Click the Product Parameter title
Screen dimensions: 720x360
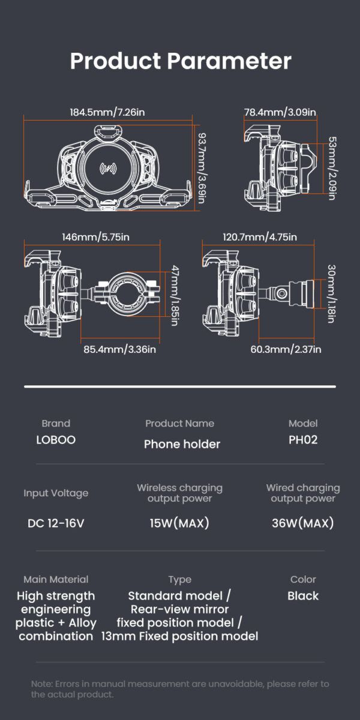pyautogui.click(x=180, y=61)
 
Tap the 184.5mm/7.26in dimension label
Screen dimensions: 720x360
pyautogui.click(x=107, y=112)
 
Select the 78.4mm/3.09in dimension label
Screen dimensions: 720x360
pyautogui.click(x=280, y=112)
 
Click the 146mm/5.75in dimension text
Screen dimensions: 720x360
pyautogui.click(x=95, y=237)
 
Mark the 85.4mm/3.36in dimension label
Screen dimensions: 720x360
pyautogui.click(x=120, y=349)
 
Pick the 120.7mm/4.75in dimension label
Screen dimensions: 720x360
pyautogui.click(x=260, y=237)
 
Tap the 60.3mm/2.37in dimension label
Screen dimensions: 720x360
pyautogui.click(x=286, y=349)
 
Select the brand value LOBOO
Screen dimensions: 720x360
pyautogui.click(x=56, y=440)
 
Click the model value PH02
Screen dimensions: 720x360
pyautogui.click(x=303, y=440)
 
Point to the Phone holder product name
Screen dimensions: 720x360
pyautogui.click(x=182, y=444)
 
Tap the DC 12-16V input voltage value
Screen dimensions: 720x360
pyautogui.click(x=56, y=523)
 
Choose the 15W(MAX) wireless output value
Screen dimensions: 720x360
pyautogui.click(x=179, y=523)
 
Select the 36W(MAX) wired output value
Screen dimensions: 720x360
pyautogui.click(x=302, y=523)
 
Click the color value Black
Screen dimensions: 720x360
pyautogui.click(x=303, y=596)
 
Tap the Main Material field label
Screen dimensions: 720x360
pyautogui.click(x=56, y=580)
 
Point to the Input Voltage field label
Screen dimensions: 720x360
pyautogui.click(x=56, y=493)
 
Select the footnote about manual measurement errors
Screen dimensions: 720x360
pyautogui.click(x=180, y=689)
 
